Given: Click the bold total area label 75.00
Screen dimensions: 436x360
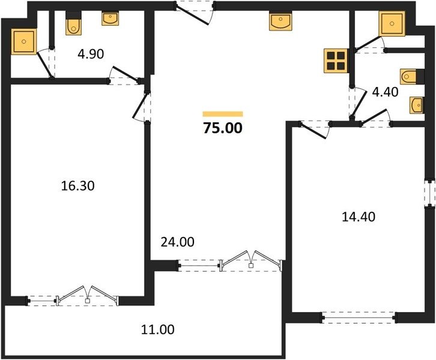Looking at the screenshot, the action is pos(223,128).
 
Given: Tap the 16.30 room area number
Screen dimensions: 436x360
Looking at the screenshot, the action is pos(77,186).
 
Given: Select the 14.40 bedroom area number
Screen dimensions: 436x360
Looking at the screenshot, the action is pos(359,217).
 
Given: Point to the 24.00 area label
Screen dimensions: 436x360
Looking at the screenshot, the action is pos(177,242).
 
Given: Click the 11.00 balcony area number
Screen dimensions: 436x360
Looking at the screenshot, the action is pos(158,329).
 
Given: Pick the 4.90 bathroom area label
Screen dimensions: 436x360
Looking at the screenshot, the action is pos(91,54).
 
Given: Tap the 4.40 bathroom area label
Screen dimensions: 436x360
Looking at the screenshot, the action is pos(385,92).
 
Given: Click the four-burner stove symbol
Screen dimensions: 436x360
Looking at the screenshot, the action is pos(336,61).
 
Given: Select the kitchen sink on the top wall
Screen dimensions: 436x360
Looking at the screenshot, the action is pos(280,21).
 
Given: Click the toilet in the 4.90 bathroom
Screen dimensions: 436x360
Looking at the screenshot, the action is pos(74,23).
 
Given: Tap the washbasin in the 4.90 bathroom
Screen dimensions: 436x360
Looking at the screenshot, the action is pos(110,19).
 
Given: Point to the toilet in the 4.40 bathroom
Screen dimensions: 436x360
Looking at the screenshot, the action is pos(412,76).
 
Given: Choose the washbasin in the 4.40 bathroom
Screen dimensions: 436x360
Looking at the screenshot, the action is pos(417,105).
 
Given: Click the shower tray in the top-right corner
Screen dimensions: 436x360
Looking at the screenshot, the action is pos(392,24).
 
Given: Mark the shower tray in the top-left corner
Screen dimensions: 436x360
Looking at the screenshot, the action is pos(23,41).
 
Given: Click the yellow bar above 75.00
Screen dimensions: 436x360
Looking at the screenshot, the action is pos(223,114).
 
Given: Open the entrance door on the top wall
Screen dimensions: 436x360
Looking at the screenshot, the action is pos(194,12).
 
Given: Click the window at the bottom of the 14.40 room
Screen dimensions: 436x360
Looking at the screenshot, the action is pos(359,317).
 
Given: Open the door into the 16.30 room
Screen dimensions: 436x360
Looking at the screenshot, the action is pos(142,106).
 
